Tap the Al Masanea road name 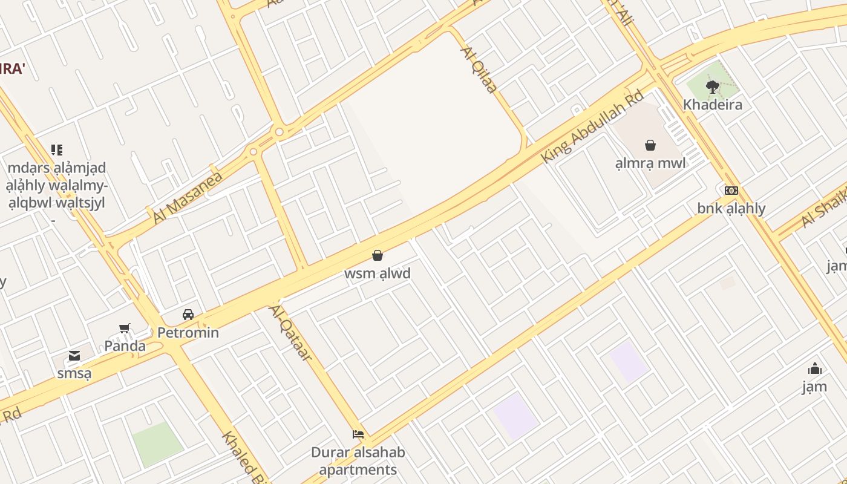point(188,197)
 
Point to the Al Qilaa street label point(479,70)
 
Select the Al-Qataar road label point(291,333)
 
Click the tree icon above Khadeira point(713,87)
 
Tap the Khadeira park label point(713,105)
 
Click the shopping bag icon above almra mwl point(650,145)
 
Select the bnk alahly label point(731,209)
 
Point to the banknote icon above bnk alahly point(731,191)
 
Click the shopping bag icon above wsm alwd point(378,255)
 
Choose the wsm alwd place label point(378,273)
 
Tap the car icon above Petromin point(188,315)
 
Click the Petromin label point(188,333)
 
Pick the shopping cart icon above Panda point(125,329)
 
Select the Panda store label point(125,346)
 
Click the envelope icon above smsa point(74,356)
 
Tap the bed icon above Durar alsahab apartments point(358,434)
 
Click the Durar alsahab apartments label point(358,461)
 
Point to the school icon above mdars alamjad point(57,149)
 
